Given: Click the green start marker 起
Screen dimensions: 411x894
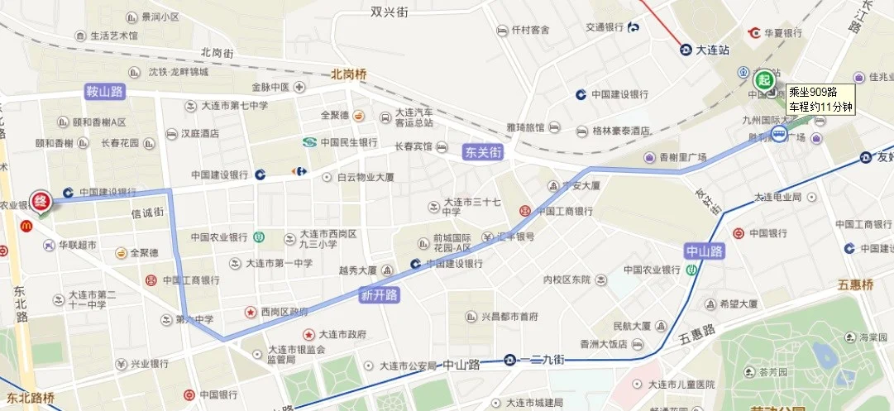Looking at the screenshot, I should [764, 80].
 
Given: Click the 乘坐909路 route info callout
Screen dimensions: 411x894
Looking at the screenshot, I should [820, 99].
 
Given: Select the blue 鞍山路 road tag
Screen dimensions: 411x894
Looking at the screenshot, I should [104, 91].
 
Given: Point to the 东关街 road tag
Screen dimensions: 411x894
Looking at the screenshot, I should [483, 152].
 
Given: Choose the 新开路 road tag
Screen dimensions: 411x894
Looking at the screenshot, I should [379, 294].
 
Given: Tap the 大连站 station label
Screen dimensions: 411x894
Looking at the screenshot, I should [711, 50].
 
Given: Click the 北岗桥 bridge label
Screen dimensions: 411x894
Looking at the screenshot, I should [348, 74].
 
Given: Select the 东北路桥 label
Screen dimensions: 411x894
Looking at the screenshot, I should [26, 399].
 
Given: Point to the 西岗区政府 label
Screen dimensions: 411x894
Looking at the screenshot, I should [284, 312].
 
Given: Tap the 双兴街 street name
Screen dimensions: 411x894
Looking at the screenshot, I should [390, 12].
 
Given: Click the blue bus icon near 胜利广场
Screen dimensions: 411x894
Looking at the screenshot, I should [779, 133].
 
